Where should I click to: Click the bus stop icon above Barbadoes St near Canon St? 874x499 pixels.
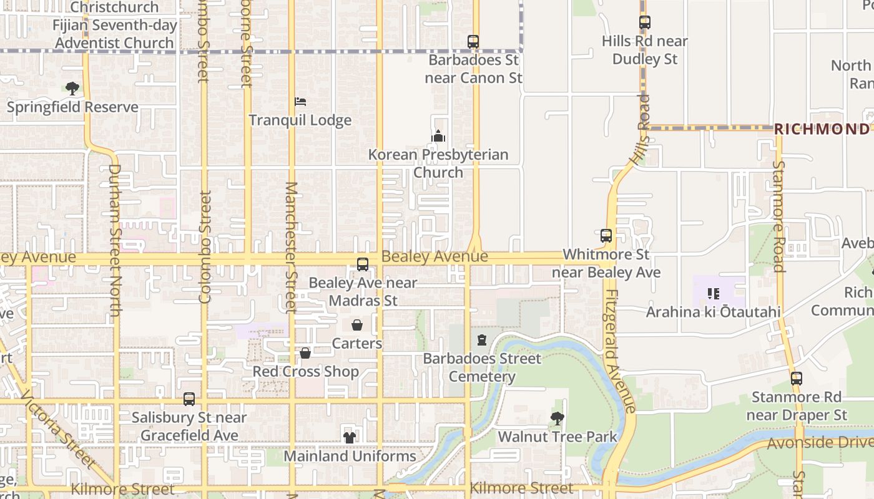pos(473,42)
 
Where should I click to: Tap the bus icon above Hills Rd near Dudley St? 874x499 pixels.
pos(645,22)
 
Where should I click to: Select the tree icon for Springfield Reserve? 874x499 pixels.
pos(72,89)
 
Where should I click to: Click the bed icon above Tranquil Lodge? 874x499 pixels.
pos(300,102)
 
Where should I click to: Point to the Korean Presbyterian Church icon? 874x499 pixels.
pos(438,136)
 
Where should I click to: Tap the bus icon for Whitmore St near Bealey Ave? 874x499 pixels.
pos(606,236)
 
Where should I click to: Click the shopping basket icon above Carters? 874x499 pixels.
pos(357,325)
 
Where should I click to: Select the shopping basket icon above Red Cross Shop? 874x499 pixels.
pos(305,353)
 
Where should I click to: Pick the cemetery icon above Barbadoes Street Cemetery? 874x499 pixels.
pos(482,340)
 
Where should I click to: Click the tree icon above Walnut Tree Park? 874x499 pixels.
pos(557,419)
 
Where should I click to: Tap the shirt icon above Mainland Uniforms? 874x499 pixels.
pos(350,438)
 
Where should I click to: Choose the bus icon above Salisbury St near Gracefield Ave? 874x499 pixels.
pos(189,399)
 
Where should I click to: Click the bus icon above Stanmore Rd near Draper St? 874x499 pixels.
pos(797,379)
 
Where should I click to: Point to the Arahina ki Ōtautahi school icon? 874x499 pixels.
pos(714,293)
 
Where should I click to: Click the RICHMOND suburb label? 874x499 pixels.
pos(821,129)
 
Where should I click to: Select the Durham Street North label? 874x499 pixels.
pos(114,240)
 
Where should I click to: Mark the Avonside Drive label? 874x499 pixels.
pos(820,443)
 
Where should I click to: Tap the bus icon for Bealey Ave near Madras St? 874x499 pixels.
pos(363,264)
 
